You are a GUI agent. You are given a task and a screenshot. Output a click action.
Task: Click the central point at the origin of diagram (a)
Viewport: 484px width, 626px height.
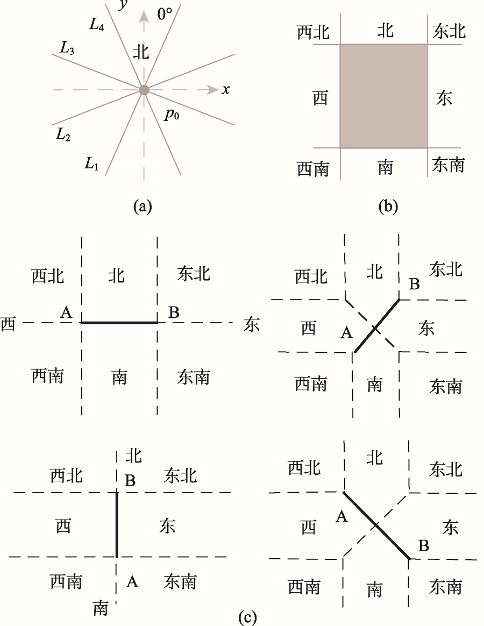click(144, 90)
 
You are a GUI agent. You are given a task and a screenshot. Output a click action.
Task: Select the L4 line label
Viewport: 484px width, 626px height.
click(97, 24)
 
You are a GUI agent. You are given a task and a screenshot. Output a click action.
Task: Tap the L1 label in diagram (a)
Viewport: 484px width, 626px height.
click(91, 163)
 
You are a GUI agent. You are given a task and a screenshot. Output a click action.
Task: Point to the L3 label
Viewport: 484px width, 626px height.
click(67, 47)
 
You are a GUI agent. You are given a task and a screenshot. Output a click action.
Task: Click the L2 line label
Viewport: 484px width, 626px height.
click(63, 134)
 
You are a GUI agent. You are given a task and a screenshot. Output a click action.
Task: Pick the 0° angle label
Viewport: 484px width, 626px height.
click(165, 15)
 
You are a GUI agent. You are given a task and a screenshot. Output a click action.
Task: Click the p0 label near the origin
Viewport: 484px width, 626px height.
click(172, 115)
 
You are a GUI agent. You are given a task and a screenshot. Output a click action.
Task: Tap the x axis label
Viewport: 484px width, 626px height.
click(226, 89)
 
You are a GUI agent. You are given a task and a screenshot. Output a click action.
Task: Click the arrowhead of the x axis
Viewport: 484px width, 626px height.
click(213, 90)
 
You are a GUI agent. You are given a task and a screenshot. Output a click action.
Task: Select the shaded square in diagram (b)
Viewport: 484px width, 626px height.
click(384, 96)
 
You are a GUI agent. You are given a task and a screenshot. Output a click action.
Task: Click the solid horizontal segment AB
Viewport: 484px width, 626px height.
click(119, 322)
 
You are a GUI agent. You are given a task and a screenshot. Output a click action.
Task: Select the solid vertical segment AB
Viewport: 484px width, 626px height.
click(117, 524)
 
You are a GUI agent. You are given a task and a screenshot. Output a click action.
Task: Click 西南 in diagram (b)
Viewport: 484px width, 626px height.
click(313, 169)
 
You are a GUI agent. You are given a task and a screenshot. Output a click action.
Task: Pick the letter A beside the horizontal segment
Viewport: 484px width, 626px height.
click(66, 312)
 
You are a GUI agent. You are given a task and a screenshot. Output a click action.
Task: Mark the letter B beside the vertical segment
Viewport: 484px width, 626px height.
click(130, 480)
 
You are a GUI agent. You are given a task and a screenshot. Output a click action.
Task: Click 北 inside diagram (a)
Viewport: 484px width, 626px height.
click(140, 52)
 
